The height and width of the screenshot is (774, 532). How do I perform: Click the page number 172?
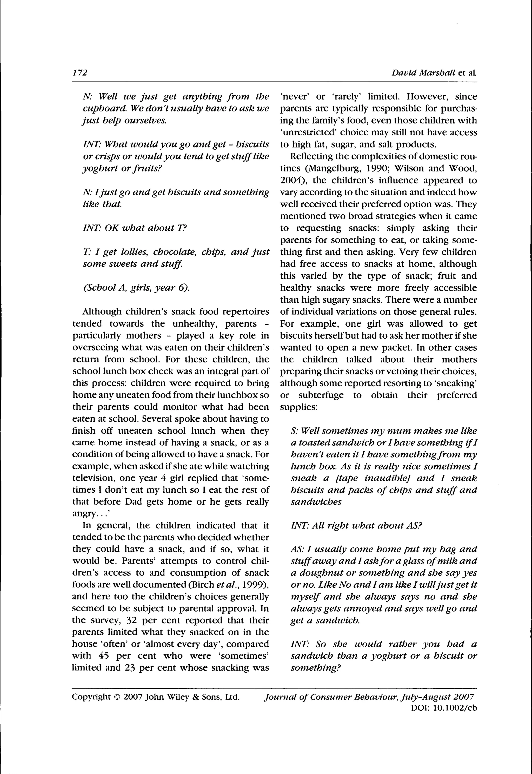pos(80,73)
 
